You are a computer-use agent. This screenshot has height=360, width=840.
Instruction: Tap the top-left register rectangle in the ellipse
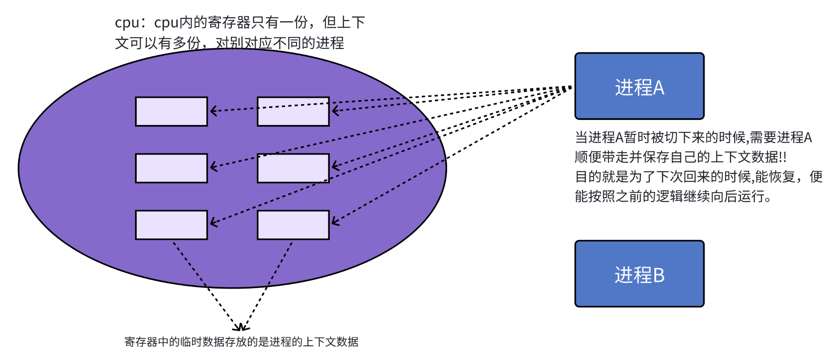point(171,111)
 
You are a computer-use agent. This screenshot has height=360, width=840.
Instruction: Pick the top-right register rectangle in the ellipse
point(293,111)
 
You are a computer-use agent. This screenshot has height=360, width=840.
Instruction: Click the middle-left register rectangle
point(171,168)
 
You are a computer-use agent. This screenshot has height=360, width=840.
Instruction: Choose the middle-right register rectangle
point(293,168)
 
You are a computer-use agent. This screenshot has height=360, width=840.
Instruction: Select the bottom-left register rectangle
point(171,225)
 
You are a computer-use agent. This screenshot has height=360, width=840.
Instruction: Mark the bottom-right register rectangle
point(293,225)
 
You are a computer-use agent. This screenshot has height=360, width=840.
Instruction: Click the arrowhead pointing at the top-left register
point(213,111)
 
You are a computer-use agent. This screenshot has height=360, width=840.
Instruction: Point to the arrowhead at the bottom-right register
point(334,223)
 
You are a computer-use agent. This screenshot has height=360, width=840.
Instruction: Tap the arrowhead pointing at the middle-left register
point(213,167)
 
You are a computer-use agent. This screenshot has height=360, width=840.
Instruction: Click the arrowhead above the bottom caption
point(241,328)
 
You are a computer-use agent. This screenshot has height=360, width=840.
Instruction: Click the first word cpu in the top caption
point(127,23)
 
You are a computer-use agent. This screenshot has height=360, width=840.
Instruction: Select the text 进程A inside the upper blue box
point(639,88)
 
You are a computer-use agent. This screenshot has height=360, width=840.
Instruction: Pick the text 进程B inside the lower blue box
point(639,275)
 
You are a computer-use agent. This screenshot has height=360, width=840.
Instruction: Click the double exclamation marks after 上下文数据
point(782,157)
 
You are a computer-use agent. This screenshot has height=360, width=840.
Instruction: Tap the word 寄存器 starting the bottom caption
point(141,342)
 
